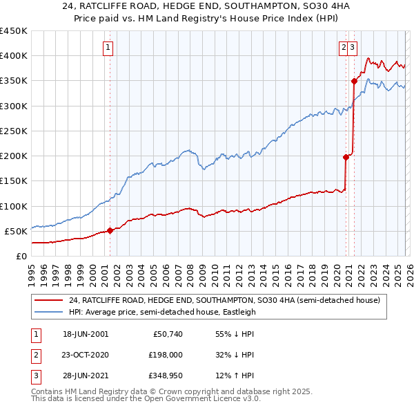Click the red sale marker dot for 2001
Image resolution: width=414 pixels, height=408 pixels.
coord(110,230)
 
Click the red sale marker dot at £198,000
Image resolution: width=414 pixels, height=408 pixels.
coord(346,157)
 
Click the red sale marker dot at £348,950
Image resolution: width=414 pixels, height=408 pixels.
coord(354,81)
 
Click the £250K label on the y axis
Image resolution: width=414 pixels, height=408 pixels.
coord(14,131)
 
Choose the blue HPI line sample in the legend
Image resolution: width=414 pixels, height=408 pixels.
coord(50,312)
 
